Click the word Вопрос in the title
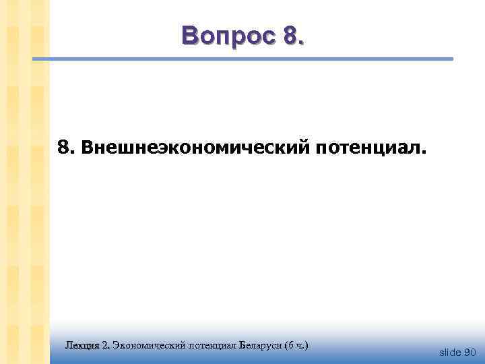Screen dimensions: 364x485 click(x=229, y=34)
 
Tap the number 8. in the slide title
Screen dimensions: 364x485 click(x=294, y=34)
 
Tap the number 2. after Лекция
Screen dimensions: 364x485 click(x=105, y=345)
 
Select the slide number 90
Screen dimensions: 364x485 click(x=470, y=352)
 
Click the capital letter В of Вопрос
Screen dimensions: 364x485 click(x=191, y=34)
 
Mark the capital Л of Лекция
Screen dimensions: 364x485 click(x=69, y=345)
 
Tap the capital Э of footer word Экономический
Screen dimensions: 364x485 click(x=117, y=345)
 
